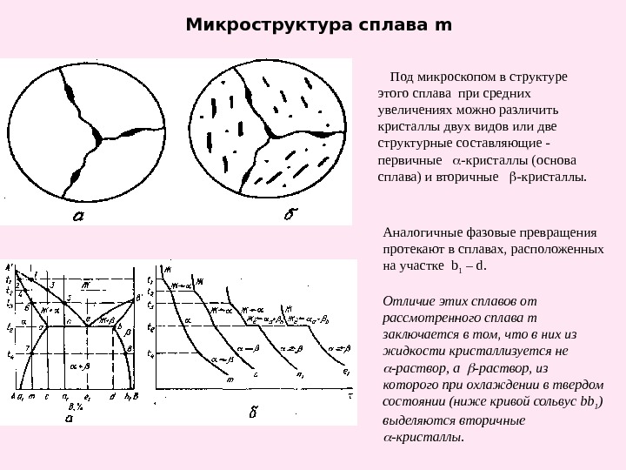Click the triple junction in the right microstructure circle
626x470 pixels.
point(271,134)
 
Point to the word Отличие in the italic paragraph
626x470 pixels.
point(405,301)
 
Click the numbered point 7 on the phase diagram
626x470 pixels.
point(28,347)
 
